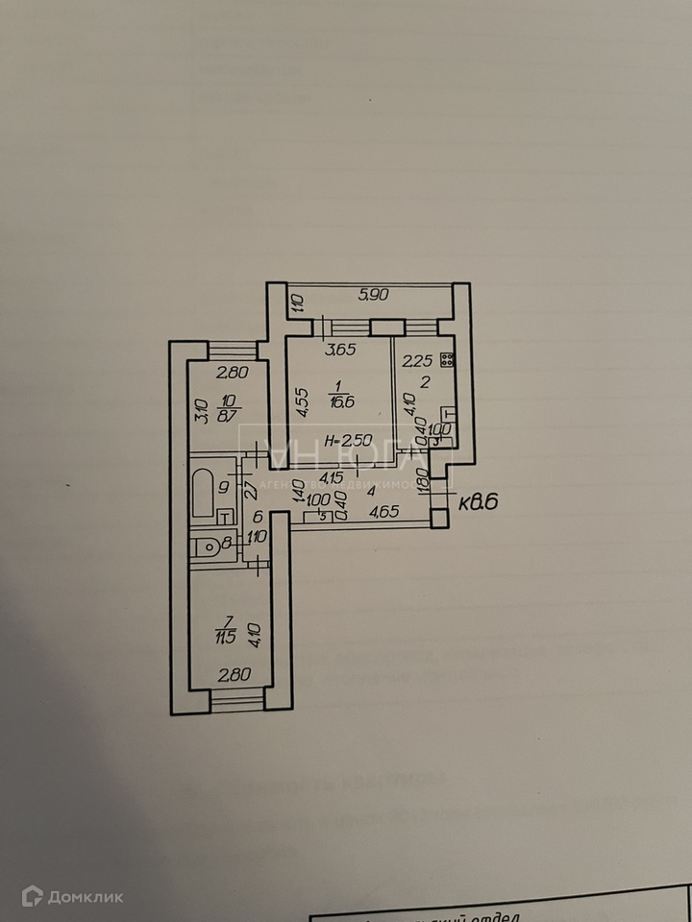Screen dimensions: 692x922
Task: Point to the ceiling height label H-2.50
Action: [349, 441]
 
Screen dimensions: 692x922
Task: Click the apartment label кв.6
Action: [476, 500]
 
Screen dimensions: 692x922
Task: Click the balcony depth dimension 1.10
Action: [298, 305]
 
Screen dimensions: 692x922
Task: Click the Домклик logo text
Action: [94, 897]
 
